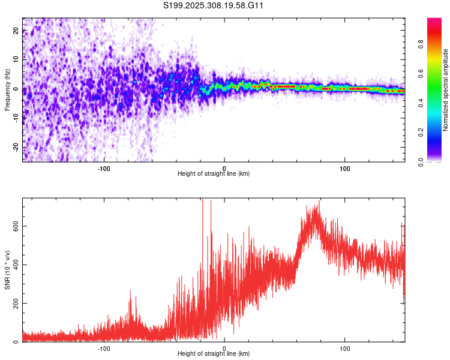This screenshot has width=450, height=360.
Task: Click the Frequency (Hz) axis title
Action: click(7, 90)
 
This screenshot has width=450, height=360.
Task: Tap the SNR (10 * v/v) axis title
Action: click(7, 270)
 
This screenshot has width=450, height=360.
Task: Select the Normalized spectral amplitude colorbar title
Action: click(446, 90)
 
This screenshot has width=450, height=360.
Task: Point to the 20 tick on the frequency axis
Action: click(16, 31)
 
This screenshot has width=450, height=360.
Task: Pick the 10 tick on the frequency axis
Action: click(16, 60)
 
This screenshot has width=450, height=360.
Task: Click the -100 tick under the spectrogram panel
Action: click(104, 167)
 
